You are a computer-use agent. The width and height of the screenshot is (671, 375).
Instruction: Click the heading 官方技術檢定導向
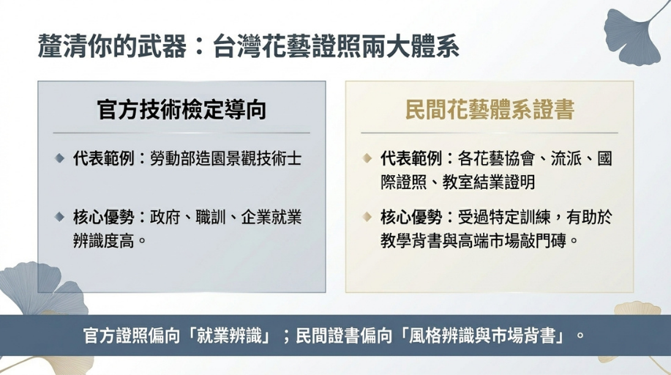click(182, 110)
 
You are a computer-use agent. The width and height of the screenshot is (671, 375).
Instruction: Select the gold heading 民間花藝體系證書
click(490, 110)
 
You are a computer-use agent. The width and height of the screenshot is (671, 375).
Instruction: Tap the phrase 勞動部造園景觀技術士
click(226, 159)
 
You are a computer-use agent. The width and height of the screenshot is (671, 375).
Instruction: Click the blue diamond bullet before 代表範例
click(59, 159)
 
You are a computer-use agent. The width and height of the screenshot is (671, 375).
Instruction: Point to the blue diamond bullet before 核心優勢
click(59, 217)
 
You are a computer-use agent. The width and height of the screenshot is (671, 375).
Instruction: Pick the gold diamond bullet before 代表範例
click(367, 159)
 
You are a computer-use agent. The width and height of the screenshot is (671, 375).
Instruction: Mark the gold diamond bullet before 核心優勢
click(367, 217)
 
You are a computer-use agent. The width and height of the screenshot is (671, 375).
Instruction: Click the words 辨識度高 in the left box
click(104, 241)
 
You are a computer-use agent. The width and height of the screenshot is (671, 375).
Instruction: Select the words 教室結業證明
click(489, 182)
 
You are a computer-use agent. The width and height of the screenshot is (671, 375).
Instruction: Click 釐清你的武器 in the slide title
click(112, 46)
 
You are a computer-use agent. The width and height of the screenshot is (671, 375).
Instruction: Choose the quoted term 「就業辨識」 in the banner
click(229, 335)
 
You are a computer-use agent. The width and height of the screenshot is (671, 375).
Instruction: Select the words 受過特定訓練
click(504, 217)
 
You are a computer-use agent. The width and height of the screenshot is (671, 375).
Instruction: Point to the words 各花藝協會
click(496, 159)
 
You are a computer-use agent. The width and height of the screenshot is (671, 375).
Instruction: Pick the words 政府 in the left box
click(165, 217)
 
